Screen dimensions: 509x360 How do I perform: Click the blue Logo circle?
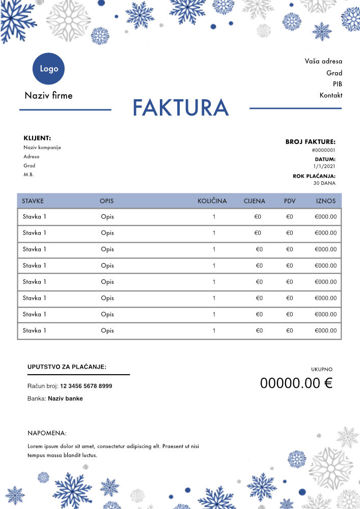(49, 69)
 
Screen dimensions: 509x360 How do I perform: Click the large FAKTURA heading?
(181, 107)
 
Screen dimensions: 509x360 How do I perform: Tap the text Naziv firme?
(48, 95)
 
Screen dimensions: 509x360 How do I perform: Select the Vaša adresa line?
(323, 61)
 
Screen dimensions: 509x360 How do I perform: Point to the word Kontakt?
(331, 95)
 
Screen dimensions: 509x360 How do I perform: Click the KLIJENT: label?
(37, 138)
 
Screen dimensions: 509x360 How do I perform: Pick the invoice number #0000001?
(323, 150)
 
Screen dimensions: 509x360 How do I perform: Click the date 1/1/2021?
(324, 166)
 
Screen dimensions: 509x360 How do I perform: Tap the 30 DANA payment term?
(324, 183)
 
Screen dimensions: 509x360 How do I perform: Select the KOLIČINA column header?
(212, 201)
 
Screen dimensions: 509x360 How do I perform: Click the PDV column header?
(290, 201)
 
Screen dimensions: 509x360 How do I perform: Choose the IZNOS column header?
(326, 201)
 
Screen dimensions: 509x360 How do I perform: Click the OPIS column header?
(107, 201)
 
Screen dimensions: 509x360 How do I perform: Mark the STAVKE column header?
(33, 201)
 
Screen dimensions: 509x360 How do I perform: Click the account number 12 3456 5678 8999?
(86, 386)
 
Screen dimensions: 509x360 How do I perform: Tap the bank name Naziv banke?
(65, 399)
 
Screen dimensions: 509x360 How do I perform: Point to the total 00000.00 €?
(296, 383)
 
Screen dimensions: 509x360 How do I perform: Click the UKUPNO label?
(322, 369)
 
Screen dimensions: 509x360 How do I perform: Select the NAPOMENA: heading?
(47, 433)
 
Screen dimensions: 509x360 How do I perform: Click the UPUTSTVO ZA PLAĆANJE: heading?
(67, 366)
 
